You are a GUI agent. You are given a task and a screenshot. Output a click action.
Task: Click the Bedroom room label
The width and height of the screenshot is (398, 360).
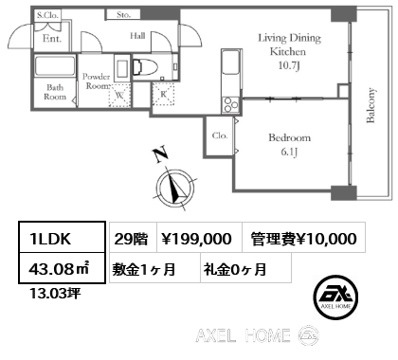coord(289,137)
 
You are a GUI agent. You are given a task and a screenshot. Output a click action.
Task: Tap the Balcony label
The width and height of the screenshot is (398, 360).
coord(371,105)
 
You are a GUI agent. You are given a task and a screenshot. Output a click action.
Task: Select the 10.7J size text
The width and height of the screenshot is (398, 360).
coord(289,65)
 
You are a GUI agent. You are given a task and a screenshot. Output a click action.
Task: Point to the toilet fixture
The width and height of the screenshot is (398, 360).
coord(145,66)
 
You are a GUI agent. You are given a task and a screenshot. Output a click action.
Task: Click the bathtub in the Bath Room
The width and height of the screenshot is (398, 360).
coord(55,66)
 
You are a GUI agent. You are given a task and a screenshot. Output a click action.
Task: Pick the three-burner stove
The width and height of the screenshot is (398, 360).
coord(231,104)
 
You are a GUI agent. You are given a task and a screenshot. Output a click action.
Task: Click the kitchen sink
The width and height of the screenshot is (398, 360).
coord(231,63)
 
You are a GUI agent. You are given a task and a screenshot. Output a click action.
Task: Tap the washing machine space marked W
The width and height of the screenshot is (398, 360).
coord(119,95)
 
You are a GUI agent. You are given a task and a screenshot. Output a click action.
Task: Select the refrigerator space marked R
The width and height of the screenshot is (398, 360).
coord(163,94)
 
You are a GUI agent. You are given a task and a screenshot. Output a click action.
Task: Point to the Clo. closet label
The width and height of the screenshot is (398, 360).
coord(220,135)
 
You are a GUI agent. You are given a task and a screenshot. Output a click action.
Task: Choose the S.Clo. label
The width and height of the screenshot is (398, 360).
coord(47,15)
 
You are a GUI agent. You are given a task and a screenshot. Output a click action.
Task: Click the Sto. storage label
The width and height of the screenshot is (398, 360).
coord(123,14)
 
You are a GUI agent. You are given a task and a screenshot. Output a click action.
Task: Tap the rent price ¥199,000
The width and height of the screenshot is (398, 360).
coord(196,239)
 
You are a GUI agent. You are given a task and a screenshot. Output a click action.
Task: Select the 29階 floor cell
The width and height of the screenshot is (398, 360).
coord(133,238)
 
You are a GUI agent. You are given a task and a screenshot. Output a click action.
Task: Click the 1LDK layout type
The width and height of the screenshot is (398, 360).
coord(50,239)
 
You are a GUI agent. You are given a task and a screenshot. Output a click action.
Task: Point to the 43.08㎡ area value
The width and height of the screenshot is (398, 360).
coord(60,269)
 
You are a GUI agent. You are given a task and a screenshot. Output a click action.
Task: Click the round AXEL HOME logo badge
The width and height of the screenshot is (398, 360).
coord(335,297)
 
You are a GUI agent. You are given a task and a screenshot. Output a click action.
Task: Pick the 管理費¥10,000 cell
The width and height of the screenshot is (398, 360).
coord(303,238)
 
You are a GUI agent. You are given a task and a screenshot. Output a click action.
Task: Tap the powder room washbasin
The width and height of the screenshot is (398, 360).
coord(122,68)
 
